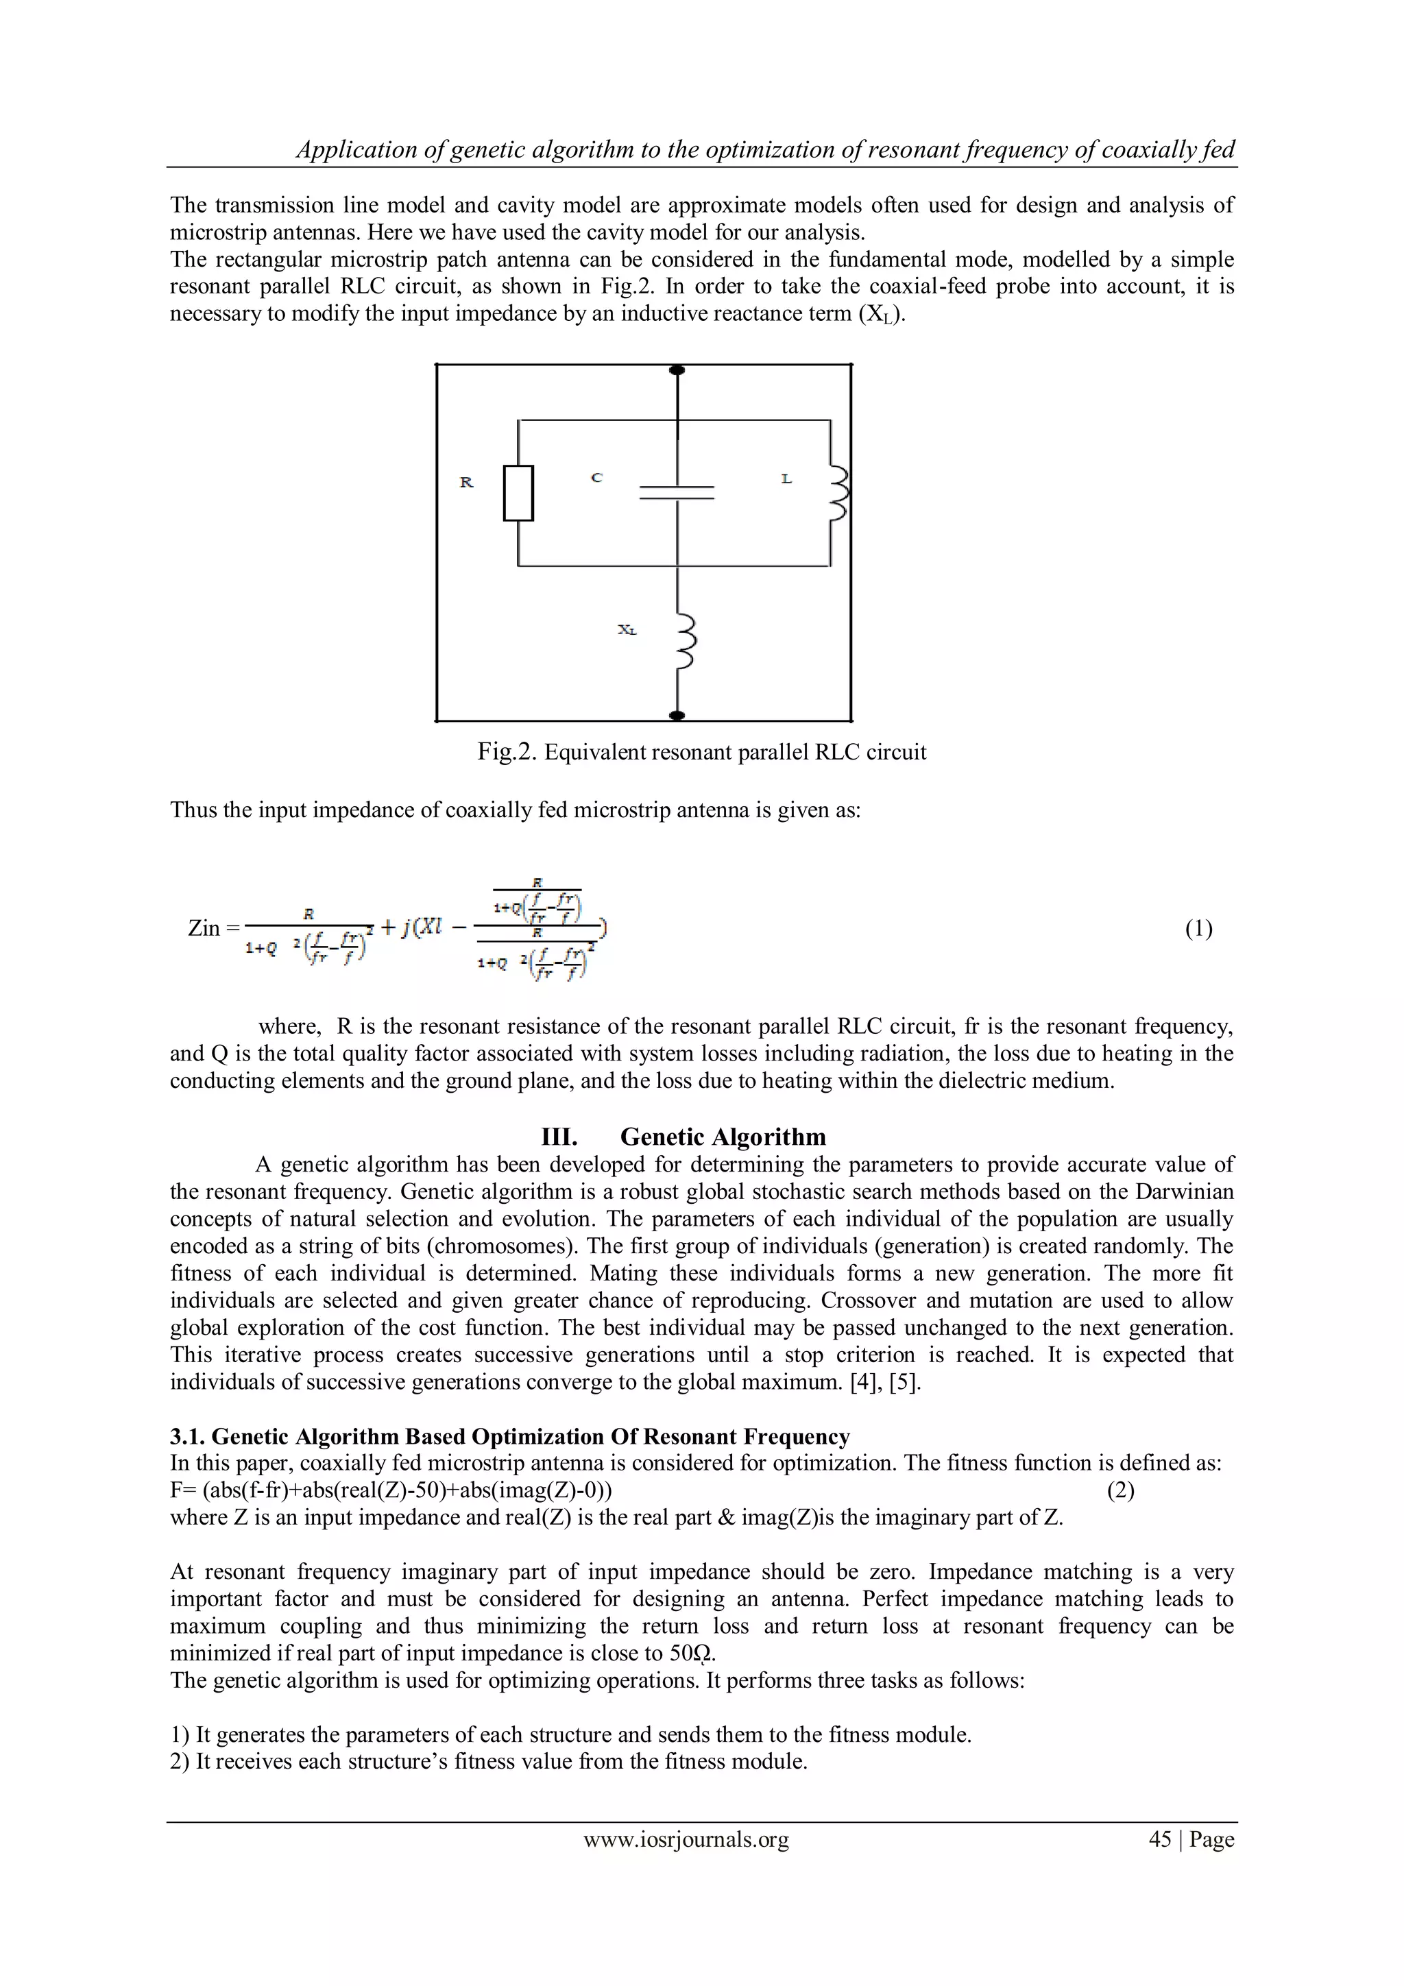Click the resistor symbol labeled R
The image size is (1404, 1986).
coord(518,493)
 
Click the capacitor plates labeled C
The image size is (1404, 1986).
coord(677,492)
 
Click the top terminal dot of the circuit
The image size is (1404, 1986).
coord(677,370)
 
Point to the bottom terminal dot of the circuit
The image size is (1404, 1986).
coord(677,715)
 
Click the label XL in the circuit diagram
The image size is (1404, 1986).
coord(627,631)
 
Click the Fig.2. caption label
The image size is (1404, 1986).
coord(508,751)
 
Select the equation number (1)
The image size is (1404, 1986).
coord(1198,929)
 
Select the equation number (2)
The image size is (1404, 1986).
coord(1121,1490)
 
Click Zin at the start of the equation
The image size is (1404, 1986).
coord(204,929)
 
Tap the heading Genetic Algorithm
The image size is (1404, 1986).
coord(723,1137)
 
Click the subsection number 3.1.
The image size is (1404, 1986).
coord(188,1437)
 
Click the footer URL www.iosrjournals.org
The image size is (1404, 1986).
coord(686,1840)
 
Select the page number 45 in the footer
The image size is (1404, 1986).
coord(1159,1840)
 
